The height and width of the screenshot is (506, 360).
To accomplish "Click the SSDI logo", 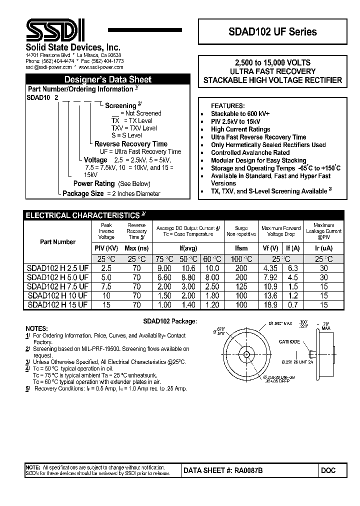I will point(55,31).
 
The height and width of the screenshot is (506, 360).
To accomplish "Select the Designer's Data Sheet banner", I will point(107,79).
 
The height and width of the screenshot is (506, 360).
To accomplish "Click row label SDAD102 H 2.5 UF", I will point(57,268).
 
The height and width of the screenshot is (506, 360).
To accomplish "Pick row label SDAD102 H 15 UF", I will point(57,304).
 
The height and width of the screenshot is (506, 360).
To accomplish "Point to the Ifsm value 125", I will point(241,286).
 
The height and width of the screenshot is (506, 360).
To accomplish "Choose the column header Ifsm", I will point(241,248).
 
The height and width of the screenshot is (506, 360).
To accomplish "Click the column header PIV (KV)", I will point(106,248).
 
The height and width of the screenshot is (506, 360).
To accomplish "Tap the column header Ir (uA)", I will point(323,248).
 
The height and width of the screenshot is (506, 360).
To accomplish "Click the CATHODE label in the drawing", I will point(289,341).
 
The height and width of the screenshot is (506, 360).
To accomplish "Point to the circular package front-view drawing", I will point(245,354).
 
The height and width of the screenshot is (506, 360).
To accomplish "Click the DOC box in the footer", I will point(328,470).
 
